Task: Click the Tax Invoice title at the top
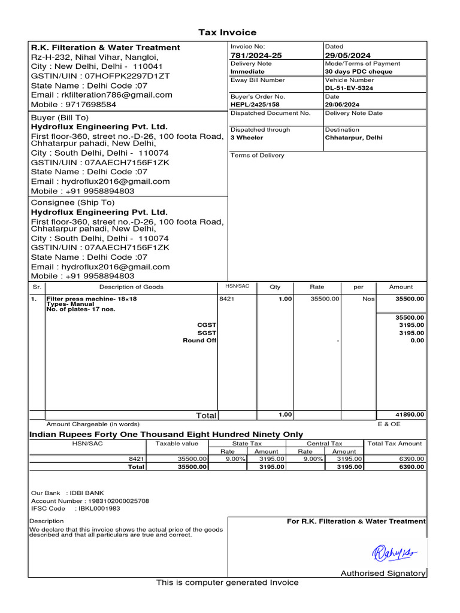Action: (x=227, y=32)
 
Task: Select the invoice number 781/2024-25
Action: (x=256, y=56)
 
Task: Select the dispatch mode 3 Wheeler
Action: (x=247, y=138)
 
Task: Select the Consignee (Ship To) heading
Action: (x=72, y=203)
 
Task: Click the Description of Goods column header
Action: (x=131, y=287)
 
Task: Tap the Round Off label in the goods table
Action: (x=199, y=341)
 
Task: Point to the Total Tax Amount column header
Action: (x=395, y=444)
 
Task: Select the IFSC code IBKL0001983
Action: (x=98, y=508)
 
